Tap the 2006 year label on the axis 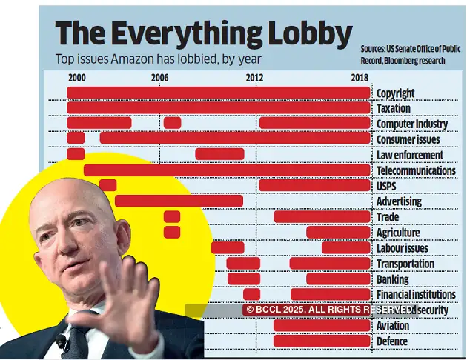[x=159, y=78]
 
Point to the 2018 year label [x=360, y=78]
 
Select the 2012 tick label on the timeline [x=254, y=78]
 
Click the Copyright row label [x=395, y=93]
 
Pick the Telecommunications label [x=416, y=170]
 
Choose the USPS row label [x=388, y=186]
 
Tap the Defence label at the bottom [x=392, y=341]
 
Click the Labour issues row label [x=402, y=248]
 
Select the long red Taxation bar [x=218, y=108]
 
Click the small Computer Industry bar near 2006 [x=172, y=123]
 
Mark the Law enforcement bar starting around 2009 [x=219, y=154]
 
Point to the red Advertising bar [x=179, y=201]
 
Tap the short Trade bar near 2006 [x=172, y=216]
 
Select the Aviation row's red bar [x=322, y=325]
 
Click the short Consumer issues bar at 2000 [x=76, y=139]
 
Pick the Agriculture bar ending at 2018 [x=338, y=233]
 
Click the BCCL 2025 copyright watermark [x=330, y=309]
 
